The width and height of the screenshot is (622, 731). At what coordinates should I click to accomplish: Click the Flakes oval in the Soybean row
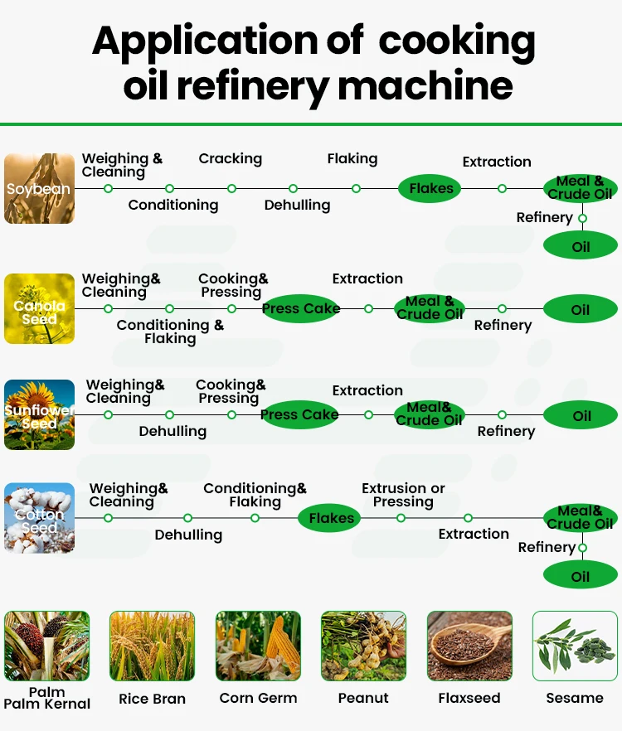(x=431, y=188)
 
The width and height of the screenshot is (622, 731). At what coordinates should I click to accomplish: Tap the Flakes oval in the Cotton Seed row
(x=331, y=518)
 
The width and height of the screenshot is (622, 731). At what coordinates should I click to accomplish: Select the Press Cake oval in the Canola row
(x=301, y=308)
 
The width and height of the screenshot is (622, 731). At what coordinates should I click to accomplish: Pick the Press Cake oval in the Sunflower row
(x=299, y=414)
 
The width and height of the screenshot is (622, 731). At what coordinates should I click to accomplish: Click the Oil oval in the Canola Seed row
(x=581, y=309)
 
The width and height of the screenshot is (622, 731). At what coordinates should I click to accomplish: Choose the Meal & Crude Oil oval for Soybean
(x=580, y=188)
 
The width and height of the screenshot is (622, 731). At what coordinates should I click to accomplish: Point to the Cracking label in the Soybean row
(x=230, y=158)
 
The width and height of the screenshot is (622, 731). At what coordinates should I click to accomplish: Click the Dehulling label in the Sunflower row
(x=173, y=431)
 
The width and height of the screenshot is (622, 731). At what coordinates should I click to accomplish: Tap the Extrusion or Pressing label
(x=403, y=495)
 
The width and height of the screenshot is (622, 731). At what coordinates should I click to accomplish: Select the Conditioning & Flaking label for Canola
(x=170, y=332)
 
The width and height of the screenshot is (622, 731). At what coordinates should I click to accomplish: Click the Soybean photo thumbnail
(x=39, y=188)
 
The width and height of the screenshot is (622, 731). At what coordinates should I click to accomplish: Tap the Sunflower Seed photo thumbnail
(x=39, y=414)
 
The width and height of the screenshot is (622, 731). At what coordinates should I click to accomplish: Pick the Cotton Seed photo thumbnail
(x=39, y=518)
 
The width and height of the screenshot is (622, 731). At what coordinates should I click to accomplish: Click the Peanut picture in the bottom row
(x=363, y=646)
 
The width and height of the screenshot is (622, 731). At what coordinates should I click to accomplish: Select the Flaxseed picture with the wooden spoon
(x=469, y=646)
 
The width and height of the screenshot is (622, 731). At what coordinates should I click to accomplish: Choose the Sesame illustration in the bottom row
(x=575, y=646)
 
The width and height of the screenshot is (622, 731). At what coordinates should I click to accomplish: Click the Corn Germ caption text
(x=258, y=698)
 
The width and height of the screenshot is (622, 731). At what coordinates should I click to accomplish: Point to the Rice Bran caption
(x=152, y=699)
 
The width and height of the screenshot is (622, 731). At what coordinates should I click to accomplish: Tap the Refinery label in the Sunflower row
(x=506, y=431)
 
